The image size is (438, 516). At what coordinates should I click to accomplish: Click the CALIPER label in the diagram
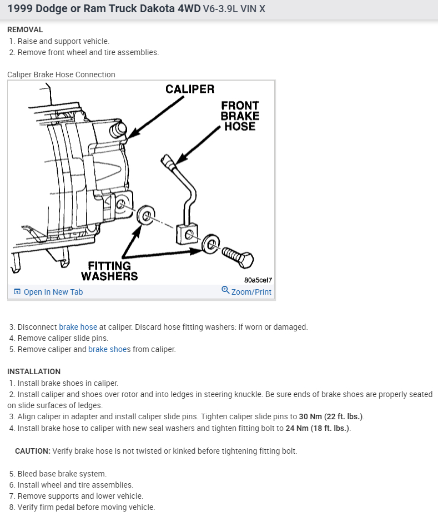pyautogui.click(x=189, y=90)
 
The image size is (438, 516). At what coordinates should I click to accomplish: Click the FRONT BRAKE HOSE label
pyautogui.click(x=240, y=116)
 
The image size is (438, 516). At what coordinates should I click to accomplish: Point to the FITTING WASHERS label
pyautogui.click(x=109, y=271)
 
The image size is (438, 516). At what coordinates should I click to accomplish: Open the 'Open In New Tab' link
pyautogui.click(x=53, y=292)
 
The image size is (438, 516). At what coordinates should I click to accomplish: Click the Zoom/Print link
pyautogui.click(x=251, y=292)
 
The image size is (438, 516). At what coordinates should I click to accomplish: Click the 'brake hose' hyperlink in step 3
pyautogui.click(x=78, y=327)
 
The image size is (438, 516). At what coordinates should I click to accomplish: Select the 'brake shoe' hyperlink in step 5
pyautogui.click(x=107, y=349)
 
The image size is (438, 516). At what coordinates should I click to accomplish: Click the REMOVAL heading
pyautogui.click(x=25, y=29)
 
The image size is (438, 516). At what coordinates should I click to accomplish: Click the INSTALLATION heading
pyautogui.click(x=34, y=371)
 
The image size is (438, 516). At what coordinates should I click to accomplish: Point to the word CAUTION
pyautogui.click(x=33, y=451)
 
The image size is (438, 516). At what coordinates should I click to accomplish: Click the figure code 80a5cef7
pyautogui.click(x=258, y=280)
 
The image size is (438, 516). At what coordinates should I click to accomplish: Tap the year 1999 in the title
pyautogui.click(x=20, y=9)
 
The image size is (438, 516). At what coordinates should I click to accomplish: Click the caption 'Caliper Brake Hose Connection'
pyautogui.click(x=61, y=75)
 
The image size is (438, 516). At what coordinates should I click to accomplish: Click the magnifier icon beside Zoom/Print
pyautogui.click(x=225, y=290)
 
